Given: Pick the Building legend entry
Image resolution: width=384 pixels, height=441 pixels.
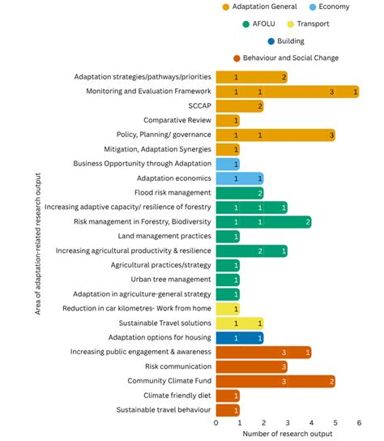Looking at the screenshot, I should click(x=289, y=41).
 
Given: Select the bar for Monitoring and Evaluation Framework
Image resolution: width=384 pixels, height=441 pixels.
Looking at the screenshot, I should click(x=287, y=92).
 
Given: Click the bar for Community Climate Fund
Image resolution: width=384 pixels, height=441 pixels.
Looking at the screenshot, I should click(x=275, y=381).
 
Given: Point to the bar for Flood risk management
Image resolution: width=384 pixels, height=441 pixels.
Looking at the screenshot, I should click(x=239, y=193).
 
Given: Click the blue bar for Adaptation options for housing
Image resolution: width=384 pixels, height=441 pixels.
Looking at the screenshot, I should click(x=239, y=337).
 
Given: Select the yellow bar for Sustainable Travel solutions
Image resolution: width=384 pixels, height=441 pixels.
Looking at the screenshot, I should click(x=239, y=323).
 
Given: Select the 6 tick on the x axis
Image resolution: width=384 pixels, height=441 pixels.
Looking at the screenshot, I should click(x=357, y=423).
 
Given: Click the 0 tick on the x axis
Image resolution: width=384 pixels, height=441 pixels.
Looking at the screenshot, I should click(x=216, y=423).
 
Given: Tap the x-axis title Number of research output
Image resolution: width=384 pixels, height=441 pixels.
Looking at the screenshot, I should click(x=286, y=435).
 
